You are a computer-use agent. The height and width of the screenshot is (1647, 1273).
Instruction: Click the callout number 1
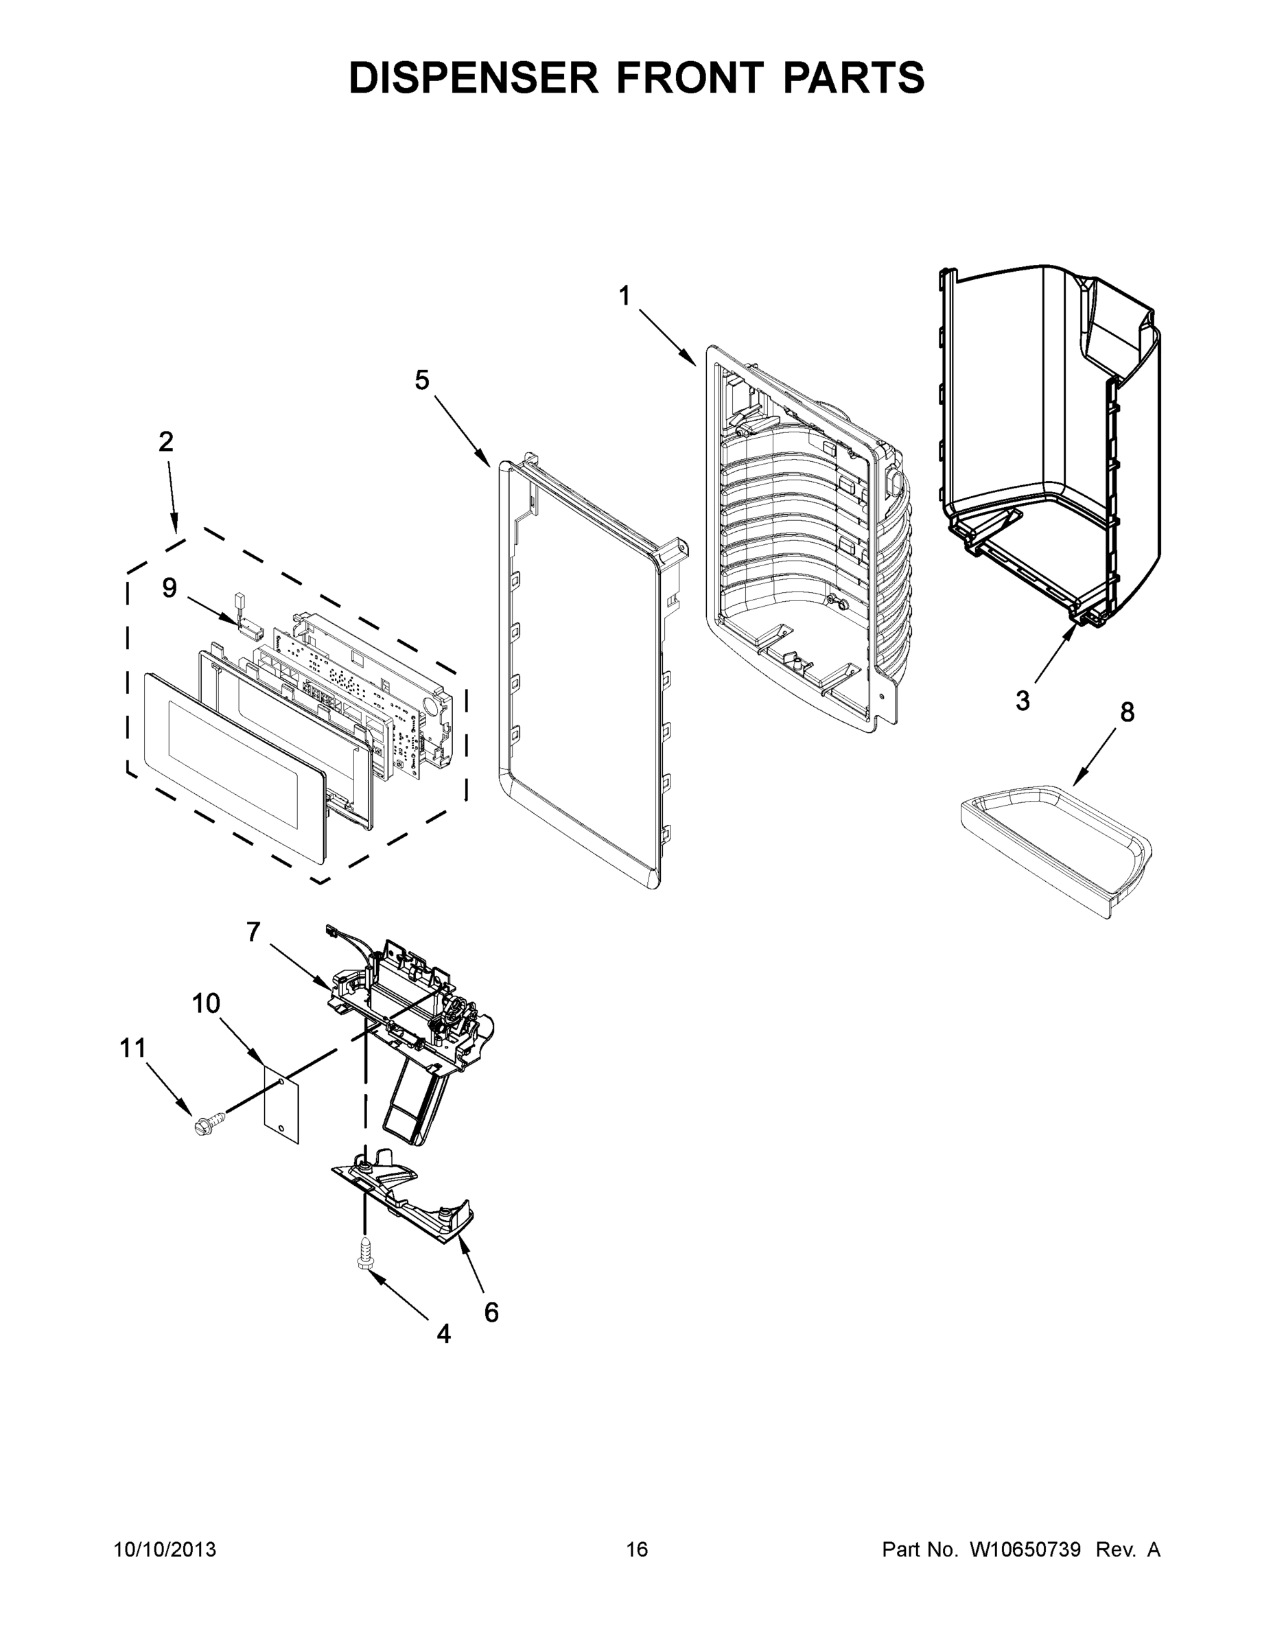[624, 296]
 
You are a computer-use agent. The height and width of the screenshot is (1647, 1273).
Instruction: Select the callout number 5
[422, 380]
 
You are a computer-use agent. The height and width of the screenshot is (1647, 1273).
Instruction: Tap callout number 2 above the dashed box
[166, 441]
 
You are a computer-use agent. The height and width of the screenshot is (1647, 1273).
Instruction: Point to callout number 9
[170, 587]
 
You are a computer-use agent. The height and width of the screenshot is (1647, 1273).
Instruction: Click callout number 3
[1023, 701]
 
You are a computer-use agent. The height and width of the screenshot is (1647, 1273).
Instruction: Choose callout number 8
[1127, 712]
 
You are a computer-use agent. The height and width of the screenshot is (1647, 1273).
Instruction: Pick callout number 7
[253, 933]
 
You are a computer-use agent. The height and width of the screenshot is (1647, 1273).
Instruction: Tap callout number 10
[206, 1004]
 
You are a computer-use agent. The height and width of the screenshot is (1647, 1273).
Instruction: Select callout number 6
[491, 1313]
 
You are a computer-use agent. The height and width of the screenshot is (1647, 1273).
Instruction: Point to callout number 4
[444, 1334]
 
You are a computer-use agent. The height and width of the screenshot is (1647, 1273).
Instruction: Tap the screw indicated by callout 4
[365, 1256]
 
